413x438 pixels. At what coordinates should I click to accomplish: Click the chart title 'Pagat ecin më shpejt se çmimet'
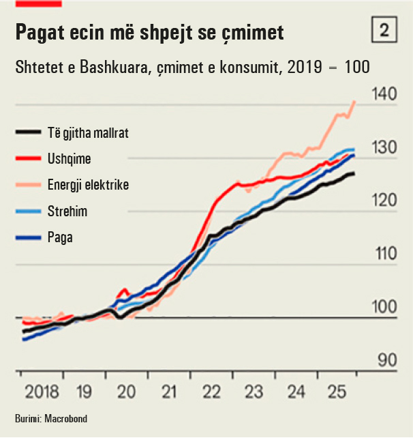149,32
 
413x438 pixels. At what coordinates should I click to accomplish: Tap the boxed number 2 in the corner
384,30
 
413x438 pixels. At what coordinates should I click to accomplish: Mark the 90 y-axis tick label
386,360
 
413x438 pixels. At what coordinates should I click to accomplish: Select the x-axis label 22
211,392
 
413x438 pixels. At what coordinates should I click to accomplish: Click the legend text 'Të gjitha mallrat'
89,133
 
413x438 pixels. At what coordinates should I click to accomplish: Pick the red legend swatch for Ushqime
28,159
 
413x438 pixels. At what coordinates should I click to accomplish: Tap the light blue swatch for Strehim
28,211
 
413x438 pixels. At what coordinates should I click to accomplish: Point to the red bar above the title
38,3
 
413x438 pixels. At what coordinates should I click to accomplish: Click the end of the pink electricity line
354,102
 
